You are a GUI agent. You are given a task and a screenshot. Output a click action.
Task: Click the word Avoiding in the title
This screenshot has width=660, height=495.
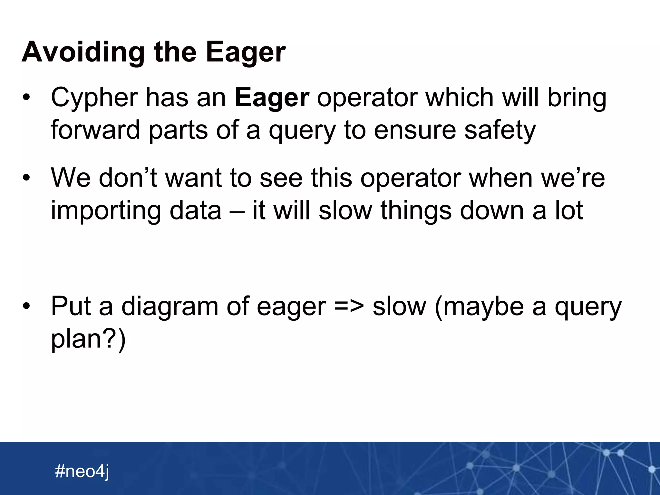tap(83, 52)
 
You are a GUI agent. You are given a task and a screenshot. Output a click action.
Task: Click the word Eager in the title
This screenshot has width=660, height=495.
tap(246, 52)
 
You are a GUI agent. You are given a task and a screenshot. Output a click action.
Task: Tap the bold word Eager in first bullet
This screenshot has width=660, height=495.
tap(272, 97)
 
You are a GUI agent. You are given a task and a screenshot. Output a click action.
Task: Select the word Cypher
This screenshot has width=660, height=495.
tap(94, 98)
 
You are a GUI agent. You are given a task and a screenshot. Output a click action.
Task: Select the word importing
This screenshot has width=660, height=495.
tap(106, 211)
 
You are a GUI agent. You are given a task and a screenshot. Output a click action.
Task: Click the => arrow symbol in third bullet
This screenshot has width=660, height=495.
tap(349, 306)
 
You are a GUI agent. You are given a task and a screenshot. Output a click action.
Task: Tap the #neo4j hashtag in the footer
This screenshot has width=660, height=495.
tap(82, 471)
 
